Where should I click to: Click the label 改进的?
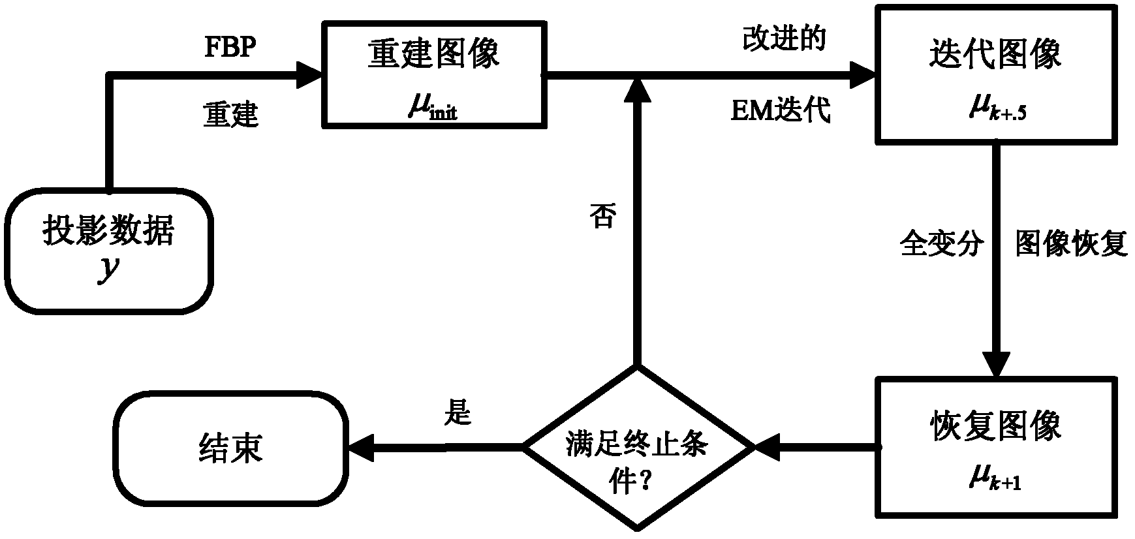pyautogui.click(x=784, y=40)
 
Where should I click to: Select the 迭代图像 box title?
pyautogui.click(x=995, y=53)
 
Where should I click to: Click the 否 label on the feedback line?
pyautogui.click(x=602, y=216)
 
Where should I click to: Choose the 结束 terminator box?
pyautogui.click(x=231, y=448)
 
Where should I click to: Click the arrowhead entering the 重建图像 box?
pyautogui.click(x=309, y=74)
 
